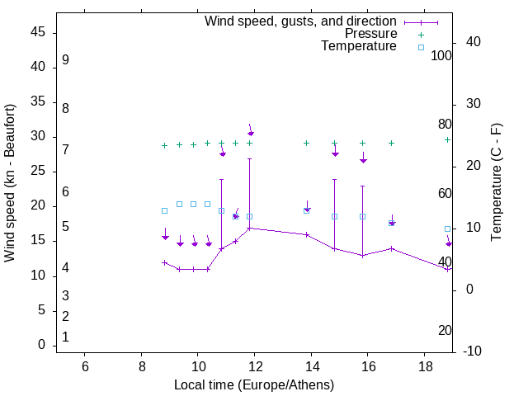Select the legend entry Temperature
(x=359, y=46)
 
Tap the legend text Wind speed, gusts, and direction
(x=300, y=21)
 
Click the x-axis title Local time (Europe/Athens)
(x=254, y=384)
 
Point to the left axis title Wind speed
(x=10, y=183)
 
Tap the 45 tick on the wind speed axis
(x=38, y=32)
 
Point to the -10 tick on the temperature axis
(x=471, y=351)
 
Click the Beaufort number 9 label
(x=65, y=60)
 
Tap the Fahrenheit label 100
(x=442, y=56)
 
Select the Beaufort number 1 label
(x=65, y=337)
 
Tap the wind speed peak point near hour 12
(x=250, y=228)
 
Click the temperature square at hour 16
(x=363, y=216)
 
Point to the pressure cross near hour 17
(x=391, y=143)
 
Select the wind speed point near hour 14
(x=307, y=234)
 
